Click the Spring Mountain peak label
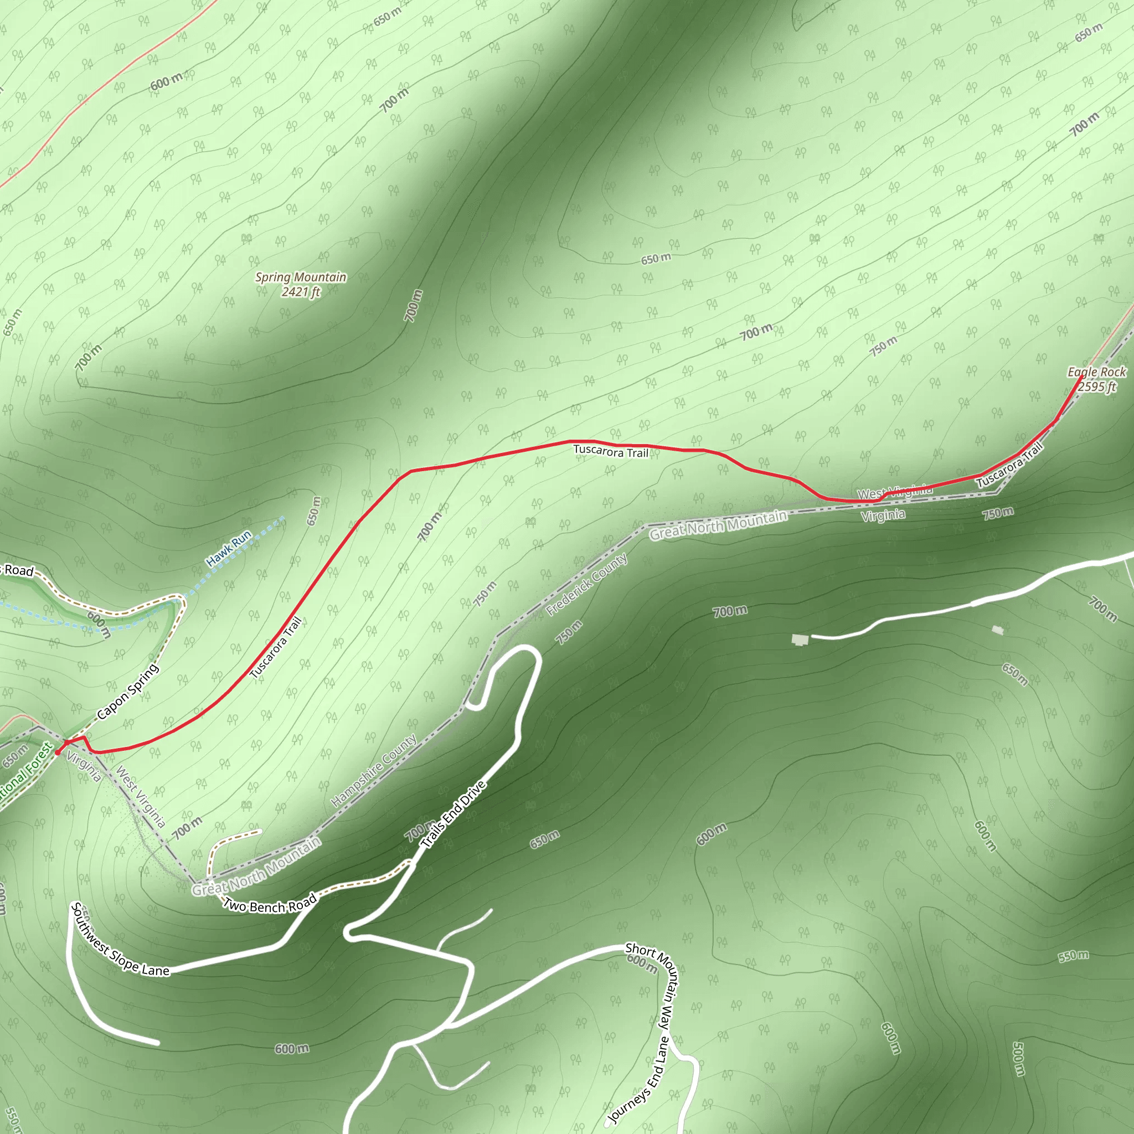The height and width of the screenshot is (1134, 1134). [x=301, y=277]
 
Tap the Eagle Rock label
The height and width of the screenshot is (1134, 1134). [x=1096, y=372]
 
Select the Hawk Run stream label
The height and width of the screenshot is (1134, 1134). [x=228, y=549]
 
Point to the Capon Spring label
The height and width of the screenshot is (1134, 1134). [x=127, y=691]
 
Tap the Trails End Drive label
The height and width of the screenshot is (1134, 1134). [x=453, y=814]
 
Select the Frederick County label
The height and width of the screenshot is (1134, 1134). [x=587, y=584]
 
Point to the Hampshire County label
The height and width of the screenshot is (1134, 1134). [x=374, y=771]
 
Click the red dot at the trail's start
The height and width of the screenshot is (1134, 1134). [x=58, y=752]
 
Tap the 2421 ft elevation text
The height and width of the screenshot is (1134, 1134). [x=301, y=292]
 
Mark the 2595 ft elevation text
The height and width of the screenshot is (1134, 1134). [x=1096, y=386]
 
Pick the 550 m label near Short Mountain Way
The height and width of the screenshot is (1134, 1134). [x=1073, y=956]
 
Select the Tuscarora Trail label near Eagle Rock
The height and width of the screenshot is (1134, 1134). [x=1009, y=464]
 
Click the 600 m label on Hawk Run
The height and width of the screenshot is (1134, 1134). [x=99, y=624]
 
